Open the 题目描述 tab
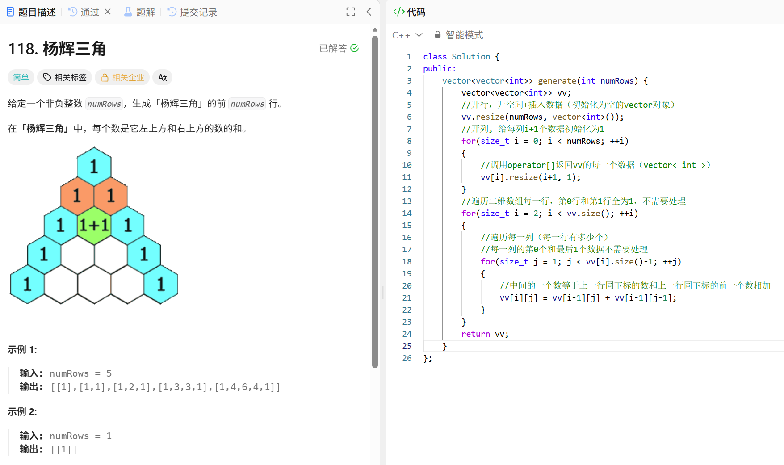[x=32, y=12]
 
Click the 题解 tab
[x=139, y=12]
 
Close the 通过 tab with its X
[x=108, y=12]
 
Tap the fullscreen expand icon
[x=351, y=12]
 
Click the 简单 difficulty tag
[x=21, y=77]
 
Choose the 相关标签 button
[x=65, y=77]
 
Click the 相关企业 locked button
[x=123, y=77]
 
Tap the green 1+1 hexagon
[x=94, y=225]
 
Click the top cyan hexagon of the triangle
[x=94, y=166]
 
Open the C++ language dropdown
[x=407, y=35]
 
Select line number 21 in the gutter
[x=407, y=298]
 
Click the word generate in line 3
[x=557, y=81]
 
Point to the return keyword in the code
[x=475, y=334]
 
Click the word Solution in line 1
[x=470, y=57]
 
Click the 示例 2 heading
[x=22, y=411]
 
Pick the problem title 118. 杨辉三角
[x=57, y=49]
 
